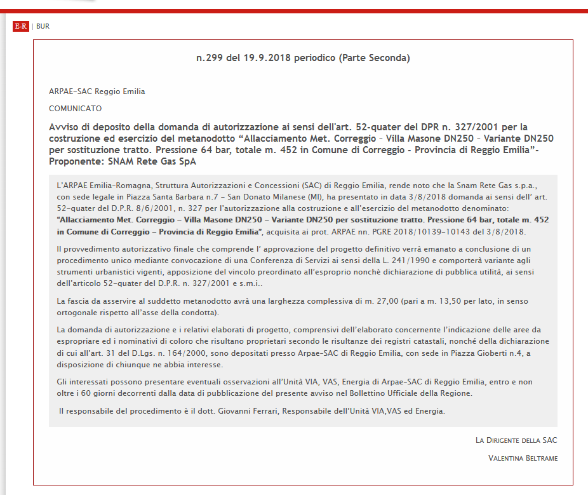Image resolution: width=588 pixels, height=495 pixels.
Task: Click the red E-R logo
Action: pos(21,26)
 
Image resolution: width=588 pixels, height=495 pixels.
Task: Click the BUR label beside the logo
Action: pos(43,26)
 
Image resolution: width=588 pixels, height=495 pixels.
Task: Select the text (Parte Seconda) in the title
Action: pos(375,58)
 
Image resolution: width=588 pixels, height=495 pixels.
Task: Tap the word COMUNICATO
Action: pos(75,109)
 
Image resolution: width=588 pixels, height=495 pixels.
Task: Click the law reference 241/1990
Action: pos(394,260)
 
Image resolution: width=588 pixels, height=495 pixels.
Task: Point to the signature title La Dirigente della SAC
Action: pos(516,440)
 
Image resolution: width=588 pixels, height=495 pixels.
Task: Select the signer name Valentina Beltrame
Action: pos(523,458)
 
